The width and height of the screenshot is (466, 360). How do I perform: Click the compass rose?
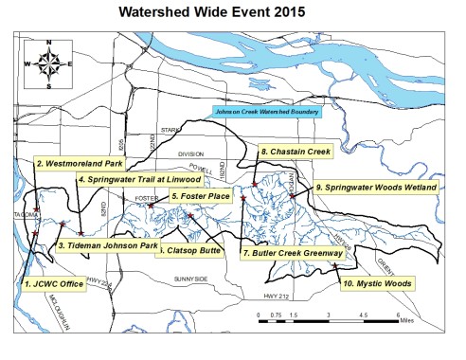pos(52,63)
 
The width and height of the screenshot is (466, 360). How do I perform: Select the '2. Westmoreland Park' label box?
pos(77,162)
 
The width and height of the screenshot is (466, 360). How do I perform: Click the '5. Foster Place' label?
pos(199,196)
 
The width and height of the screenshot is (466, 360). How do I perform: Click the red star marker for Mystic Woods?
pos(335,267)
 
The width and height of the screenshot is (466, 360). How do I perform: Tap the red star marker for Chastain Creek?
pos(255,184)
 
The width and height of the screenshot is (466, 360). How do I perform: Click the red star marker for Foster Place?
pos(151,205)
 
